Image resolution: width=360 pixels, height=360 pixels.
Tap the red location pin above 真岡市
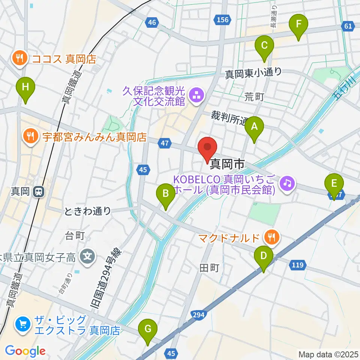click(x=208, y=148)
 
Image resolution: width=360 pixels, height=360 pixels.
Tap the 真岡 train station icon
click(x=38, y=192)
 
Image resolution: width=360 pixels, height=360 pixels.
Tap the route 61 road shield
click(x=348, y=26)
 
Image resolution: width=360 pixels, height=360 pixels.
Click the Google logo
click(x=25, y=351)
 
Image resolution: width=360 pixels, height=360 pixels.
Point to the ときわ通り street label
click(x=88, y=211)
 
